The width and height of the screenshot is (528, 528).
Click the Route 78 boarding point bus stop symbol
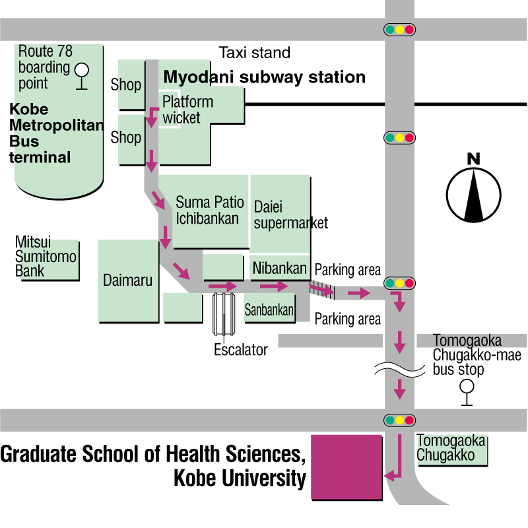coord(82,73)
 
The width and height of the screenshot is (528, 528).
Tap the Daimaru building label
coord(127,280)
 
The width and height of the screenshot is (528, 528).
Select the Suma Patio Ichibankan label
coord(209,211)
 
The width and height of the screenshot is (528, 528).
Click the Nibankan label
coord(279,269)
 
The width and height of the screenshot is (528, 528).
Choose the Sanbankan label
coord(269,310)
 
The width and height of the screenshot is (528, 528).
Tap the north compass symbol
coord(473,194)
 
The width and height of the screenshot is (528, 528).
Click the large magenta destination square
coord(346,466)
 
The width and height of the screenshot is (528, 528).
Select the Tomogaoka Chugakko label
coord(451,448)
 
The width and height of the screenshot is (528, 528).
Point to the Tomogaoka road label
coord(467,341)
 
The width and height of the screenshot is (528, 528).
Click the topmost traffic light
coord(399,30)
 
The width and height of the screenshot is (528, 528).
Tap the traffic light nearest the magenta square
coord(399,420)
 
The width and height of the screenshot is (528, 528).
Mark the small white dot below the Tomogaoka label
coord(467,386)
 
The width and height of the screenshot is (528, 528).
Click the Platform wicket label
coord(187,110)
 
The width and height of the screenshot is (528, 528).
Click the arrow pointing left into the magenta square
coord(393,474)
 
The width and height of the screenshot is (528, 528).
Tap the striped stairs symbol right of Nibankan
coord(323,288)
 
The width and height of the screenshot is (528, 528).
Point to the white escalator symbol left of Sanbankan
coord(224,313)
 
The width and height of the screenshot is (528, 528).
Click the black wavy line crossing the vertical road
coord(399,368)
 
